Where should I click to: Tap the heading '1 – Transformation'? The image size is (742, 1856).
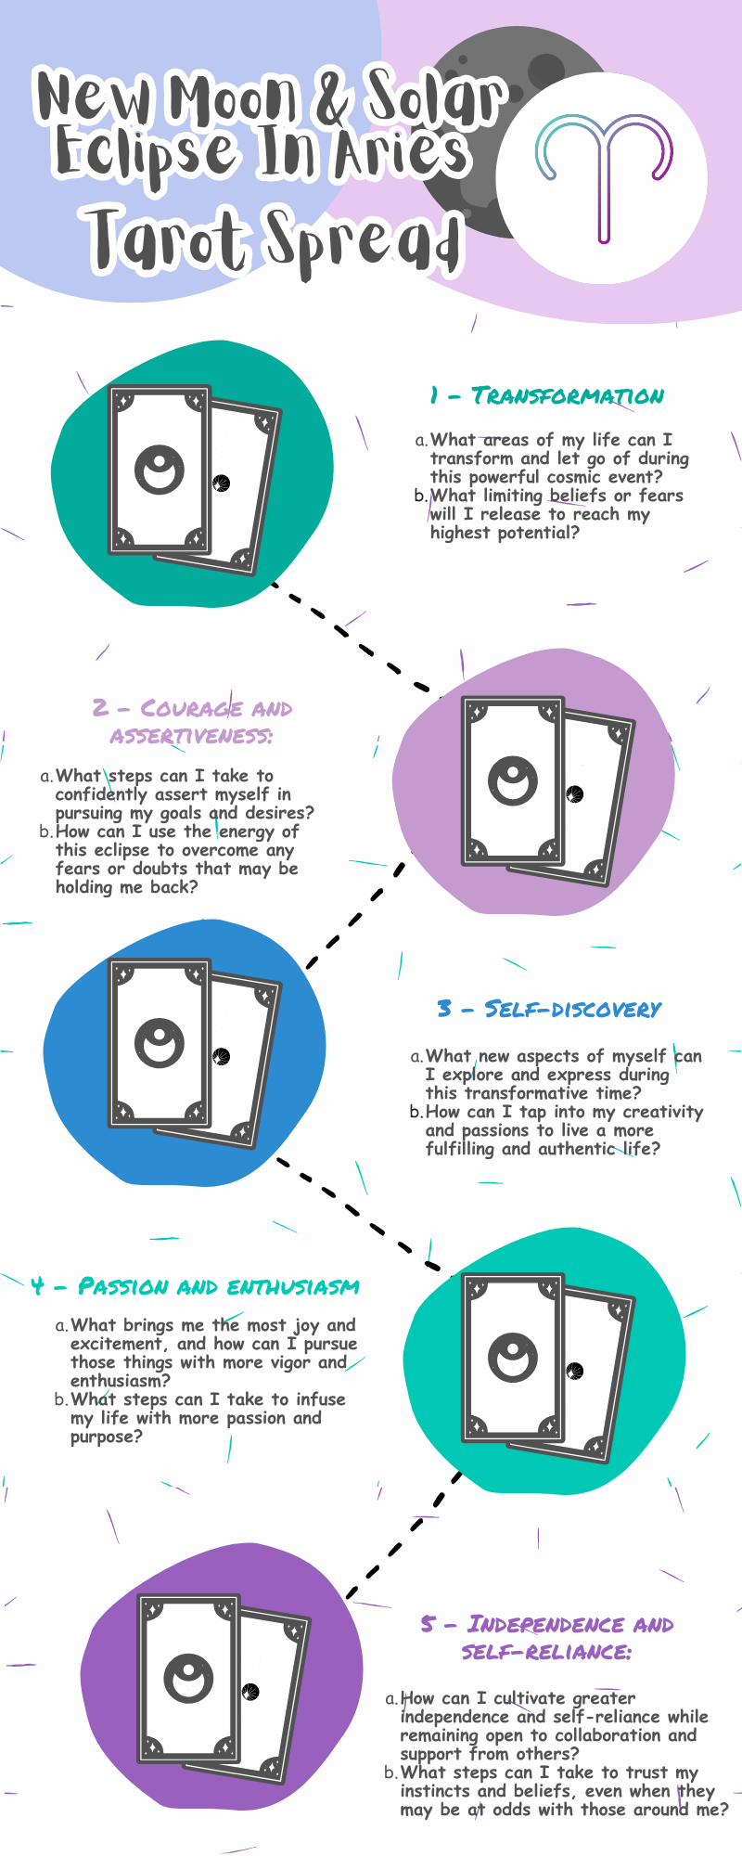547,396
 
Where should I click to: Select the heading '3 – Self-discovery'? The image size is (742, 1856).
549,1010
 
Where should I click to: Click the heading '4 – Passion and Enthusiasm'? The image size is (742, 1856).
195,1287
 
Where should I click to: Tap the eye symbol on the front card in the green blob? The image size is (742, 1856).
159,470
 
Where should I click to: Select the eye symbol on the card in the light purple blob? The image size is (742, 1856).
512,780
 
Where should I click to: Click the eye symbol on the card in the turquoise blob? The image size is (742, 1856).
512,1359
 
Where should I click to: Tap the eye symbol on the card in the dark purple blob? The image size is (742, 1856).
188,1677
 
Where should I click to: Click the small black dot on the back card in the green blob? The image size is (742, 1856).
221,483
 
